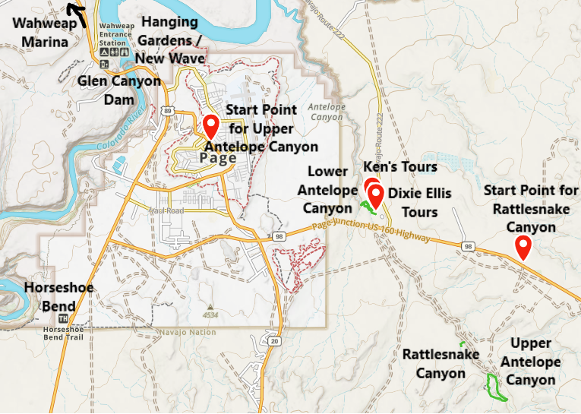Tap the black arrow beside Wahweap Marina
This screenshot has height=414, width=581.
pyautogui.click(x=76, y=10)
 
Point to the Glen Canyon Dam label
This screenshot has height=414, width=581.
pyautogui.click(x=120, y=90)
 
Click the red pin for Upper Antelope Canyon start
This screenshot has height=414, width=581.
pyautogui.click(x=210, y=124)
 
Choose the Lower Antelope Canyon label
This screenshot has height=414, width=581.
pyautogui.click(x=328, y=190)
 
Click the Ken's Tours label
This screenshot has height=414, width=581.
pyautogui.click(x=400, y=166)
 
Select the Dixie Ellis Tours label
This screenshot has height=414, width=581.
pyautogui.click(x=413, y=202)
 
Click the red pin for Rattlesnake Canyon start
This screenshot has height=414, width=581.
pyautogui.click(x=523, y=247)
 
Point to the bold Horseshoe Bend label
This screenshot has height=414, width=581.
pyautogui.click(x=59, y=296)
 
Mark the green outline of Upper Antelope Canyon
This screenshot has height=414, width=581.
pyautogui.click(x=495, y=387)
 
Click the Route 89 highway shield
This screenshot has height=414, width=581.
pyautogui.click(x=166, y=111)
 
